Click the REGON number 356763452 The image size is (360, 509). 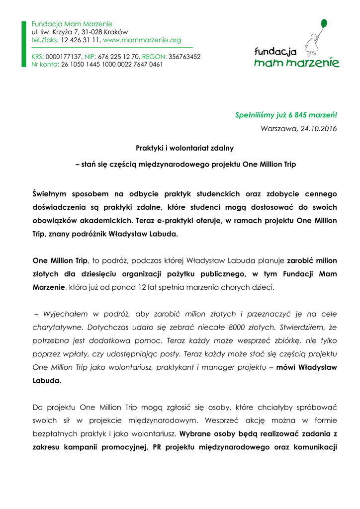184,57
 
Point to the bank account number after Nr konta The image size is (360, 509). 112,64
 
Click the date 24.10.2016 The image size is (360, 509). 318,129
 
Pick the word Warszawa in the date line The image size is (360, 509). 279,129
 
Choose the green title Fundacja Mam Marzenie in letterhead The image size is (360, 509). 72,24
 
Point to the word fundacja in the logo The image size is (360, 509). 275,51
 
